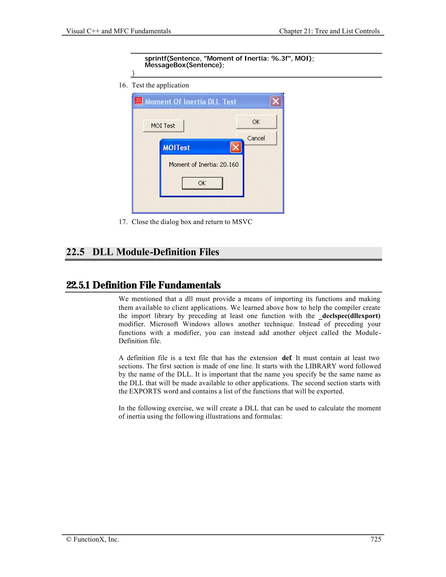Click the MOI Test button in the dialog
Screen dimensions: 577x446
(x=163, y=126)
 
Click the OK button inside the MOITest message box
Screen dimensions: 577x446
(x=202, y=183)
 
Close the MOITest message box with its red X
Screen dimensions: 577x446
(x=236, y=147)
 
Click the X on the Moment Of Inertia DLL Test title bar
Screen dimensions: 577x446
(x=275, y=101)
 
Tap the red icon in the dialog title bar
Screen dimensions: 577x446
(x=139, y=101)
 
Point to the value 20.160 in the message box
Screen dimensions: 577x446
(x=229, y=165)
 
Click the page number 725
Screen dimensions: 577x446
(x=375, y=539)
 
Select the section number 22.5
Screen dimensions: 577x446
(x=75, y=252)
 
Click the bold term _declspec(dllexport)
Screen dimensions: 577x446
(x=349, y=316)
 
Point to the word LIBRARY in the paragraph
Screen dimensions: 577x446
(x=321, y=366)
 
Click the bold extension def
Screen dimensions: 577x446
(x=286, y=358)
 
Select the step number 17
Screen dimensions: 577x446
(x=123, y=222)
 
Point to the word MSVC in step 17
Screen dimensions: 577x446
(x=242, y=222)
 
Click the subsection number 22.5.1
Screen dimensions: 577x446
(x=78, y=285)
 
